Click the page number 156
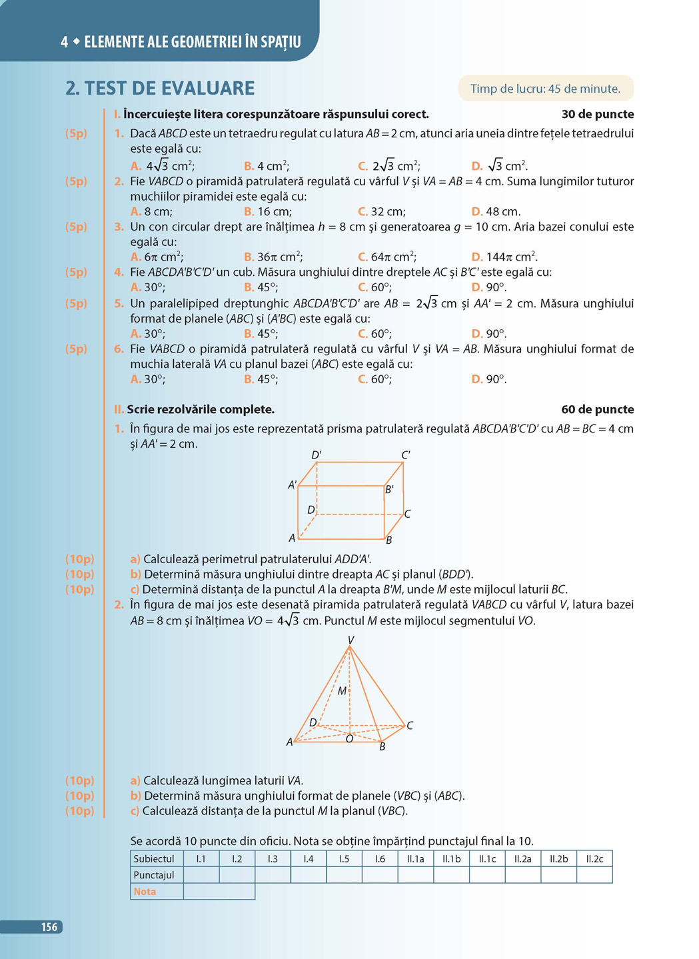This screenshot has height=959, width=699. pos(49,927)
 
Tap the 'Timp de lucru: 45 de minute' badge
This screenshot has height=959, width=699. pos(545,89)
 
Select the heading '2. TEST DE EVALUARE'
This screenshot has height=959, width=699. pos(160,88)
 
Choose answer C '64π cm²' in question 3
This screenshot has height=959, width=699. pos(388,257)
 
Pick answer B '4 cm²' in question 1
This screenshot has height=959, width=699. pos(267,166)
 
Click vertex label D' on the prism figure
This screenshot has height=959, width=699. pos(317,455)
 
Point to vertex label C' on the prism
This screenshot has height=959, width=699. pos(405,455)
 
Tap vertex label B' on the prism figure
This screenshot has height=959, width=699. pos(389,489)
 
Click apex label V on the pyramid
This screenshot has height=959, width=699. pos(350,640)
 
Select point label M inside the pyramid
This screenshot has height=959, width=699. pos(342,691)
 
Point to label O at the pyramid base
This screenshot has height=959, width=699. pos(349,738)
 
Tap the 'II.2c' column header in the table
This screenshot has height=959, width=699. pos(594,858)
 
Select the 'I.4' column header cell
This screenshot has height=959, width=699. pos(309,858)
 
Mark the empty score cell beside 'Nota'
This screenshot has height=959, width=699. pos(219,891)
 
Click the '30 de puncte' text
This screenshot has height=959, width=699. pos(597,114)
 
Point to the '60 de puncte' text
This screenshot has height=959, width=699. pos(597,409)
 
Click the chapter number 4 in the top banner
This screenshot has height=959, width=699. pos(64,42)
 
